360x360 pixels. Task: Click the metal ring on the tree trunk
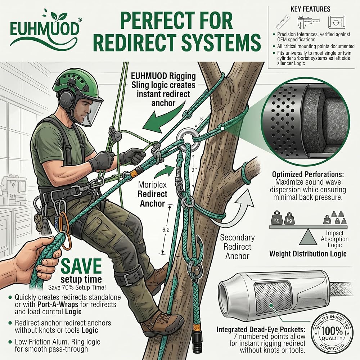(188, 140)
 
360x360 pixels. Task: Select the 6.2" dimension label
(167, 230)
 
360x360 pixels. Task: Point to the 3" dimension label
(194, 170)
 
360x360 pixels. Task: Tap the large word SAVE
(81, 266)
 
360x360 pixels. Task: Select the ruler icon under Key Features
(283, 22)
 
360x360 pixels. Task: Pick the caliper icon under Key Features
(308, 22)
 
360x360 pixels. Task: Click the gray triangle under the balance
(308, 238)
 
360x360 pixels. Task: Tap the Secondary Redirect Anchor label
(237, 247)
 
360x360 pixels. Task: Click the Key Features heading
(310, 9)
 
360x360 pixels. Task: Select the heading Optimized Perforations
(308, 175)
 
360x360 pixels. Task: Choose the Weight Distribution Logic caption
(308, 254)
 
